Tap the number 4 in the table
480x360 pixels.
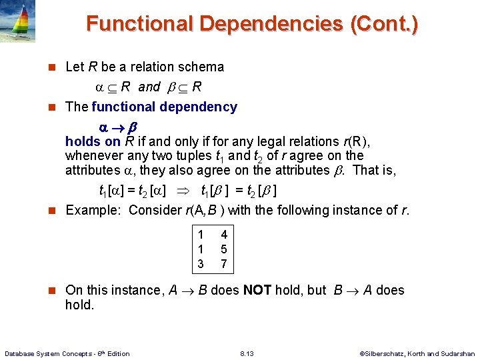224,235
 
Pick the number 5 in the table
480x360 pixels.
224,249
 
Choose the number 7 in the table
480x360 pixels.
224,264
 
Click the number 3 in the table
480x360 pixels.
201,264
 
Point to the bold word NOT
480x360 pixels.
257,290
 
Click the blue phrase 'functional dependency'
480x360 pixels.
164,107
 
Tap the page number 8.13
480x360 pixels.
246,353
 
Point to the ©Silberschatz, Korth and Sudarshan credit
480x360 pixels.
417,353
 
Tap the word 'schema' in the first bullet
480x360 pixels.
203,67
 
